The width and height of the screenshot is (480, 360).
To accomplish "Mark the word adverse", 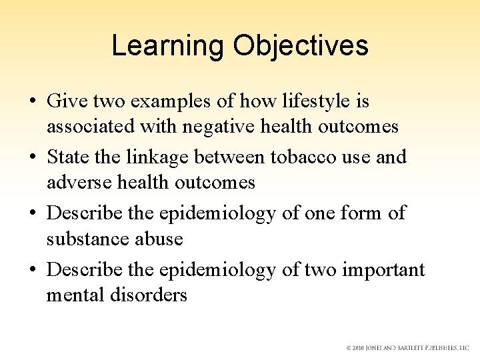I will point(76,182).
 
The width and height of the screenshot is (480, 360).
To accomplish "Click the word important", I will point(383,270).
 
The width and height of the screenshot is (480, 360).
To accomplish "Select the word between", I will point(230,158).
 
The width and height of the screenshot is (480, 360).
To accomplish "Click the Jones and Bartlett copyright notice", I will point(407,348).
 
